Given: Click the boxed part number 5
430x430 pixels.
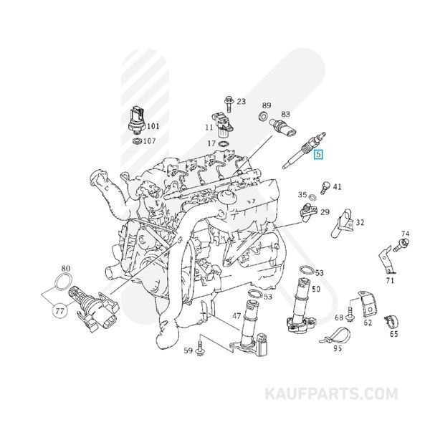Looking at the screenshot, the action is click(x=318, y=154).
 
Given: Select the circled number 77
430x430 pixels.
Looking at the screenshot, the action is click(x=59, y=311).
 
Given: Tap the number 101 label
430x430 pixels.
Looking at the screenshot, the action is click(x=153, y=126).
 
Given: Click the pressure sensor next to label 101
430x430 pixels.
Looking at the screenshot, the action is click(x=137, y=120).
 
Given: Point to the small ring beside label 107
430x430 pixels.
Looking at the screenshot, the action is click(x=137, y=141).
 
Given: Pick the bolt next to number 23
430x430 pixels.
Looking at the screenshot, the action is click(x=228, y=104).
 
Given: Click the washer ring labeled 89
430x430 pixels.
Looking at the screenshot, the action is click(x=263, y=116).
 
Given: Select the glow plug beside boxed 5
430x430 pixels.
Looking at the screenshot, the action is click(x=304, y=150).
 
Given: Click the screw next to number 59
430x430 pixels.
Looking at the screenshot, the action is click(x=199, y=348).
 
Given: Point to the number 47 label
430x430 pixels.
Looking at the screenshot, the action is click(x=236, y=316).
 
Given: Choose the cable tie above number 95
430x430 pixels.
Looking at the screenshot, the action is click(x=335, y=336).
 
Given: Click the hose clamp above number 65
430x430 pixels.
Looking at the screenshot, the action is click(x=391, y=321).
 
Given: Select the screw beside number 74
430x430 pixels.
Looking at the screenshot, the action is click(x=401, y=245).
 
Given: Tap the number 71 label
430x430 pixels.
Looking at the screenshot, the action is click(x=390, y=280).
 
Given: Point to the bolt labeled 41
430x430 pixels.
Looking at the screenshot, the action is click(x=325, y=188).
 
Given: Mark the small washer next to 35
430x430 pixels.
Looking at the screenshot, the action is click(x=312, y=197).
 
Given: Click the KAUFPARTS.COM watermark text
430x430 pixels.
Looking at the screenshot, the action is click(x=331, y=393).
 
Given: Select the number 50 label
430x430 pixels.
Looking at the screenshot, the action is click(x=316, y=289).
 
